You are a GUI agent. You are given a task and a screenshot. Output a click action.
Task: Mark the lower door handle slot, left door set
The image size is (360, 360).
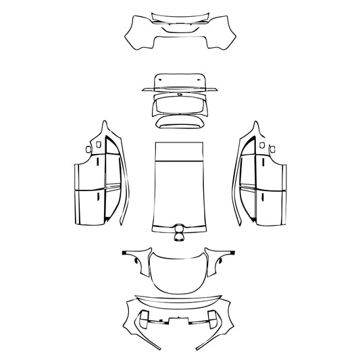click(x=99, y=197)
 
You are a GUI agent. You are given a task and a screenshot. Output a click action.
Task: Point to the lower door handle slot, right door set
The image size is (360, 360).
click(x=261, y=197)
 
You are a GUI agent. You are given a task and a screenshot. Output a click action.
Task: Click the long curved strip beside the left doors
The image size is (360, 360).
click(x=122, y=196)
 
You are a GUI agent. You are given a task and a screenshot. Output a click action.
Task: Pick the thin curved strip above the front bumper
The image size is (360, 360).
click(x=180, y=298)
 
